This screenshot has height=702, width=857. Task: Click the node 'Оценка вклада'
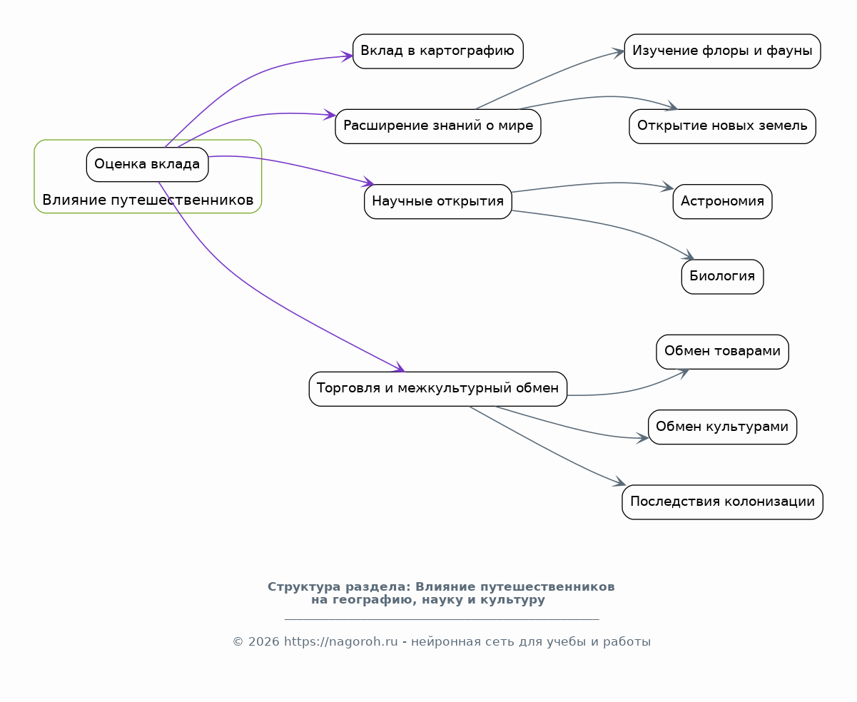click(x=147, y=164)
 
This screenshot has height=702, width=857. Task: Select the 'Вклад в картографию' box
click(x=437, y=51)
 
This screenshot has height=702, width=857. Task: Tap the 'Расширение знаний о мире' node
click(x=437, y=126)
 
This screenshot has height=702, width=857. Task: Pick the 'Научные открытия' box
click(x=437, y=201)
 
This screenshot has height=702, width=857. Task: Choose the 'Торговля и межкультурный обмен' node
click(x=437, y=389)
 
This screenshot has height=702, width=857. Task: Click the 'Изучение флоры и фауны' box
click(x=722, y=51)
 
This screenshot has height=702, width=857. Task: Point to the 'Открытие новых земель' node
click(x=722, y=126)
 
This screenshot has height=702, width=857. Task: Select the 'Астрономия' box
click(x=722, y=201)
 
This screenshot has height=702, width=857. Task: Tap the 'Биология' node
click(x=722, y=277)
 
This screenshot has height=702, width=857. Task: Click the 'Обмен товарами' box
click(x=722, y=352)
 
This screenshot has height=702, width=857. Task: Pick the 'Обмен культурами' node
click(x=722, y=427)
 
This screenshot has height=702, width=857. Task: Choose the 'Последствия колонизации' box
click(x=722, y=502)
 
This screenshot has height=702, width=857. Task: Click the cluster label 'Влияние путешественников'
click(x=148, y=200)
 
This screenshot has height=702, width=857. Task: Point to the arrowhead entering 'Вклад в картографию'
click(x=348, y=56)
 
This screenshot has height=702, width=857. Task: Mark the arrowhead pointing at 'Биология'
click(x=689, y=255)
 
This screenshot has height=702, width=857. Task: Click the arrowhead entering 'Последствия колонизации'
click(x=620, y=482)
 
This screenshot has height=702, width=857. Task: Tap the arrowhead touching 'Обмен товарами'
click(x=684, y=373)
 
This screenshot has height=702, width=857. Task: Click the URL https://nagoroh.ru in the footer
click(x=340, y=641)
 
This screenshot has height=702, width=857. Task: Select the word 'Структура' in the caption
click(x=304, y=586)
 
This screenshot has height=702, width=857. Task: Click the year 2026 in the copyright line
click(x=264, y=641)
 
